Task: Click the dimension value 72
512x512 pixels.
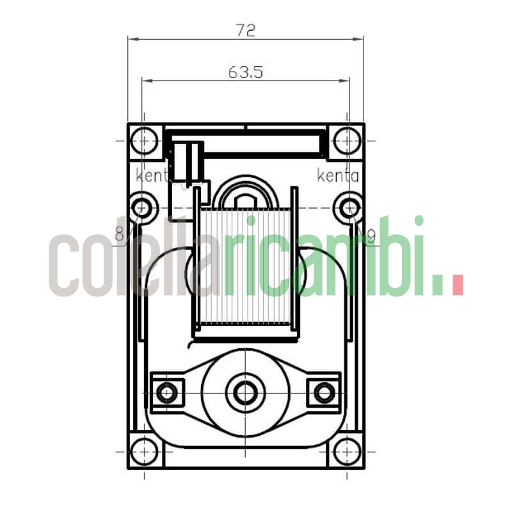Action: [x=246, y=29]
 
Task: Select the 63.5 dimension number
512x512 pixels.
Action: [x=246, y=72]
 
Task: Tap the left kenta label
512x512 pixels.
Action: [x=152, y=175]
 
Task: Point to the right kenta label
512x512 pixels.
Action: [x=339, y=175]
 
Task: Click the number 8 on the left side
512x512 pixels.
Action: [x=120, y=235]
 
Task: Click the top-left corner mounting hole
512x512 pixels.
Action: [x=145, y=140]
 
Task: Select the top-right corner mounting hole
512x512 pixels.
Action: [x=347, y=140]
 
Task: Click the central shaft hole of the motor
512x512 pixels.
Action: [x=245, y=391]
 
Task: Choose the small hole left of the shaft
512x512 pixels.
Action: [x=167, y=392]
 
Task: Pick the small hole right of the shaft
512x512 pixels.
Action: [x=324, y=392]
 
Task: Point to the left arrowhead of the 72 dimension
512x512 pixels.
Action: [x=132, y=38]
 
